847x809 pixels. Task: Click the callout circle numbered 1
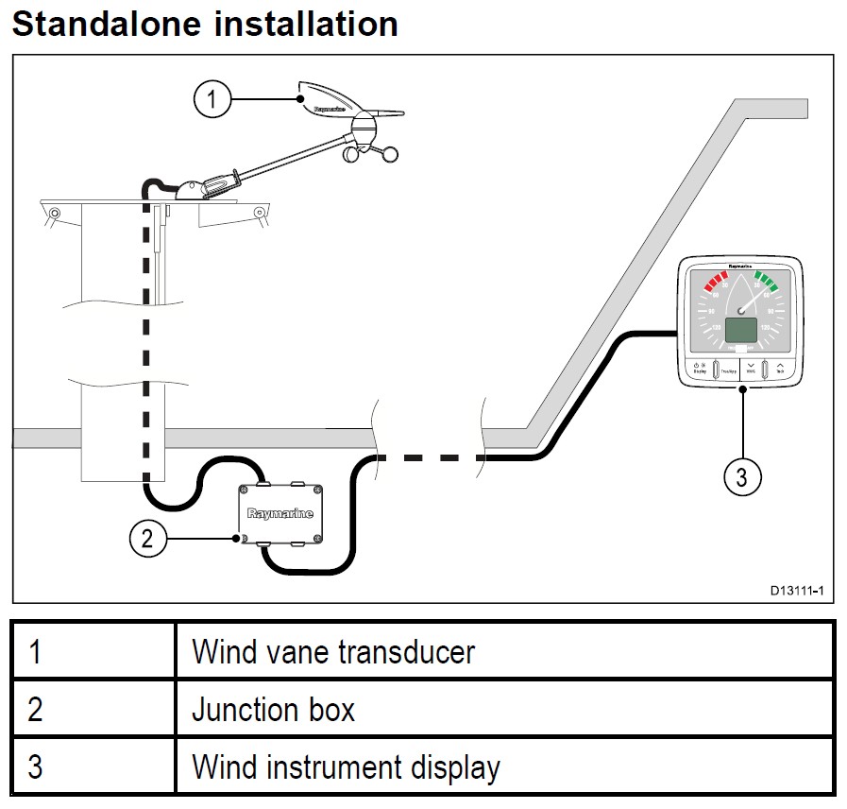pos(213,98)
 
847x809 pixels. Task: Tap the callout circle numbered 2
pos(146,539)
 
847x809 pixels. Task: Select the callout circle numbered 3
pos(742,477)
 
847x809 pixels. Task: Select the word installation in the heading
pos(306,24)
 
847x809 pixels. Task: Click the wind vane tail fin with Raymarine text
pos(330,104)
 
